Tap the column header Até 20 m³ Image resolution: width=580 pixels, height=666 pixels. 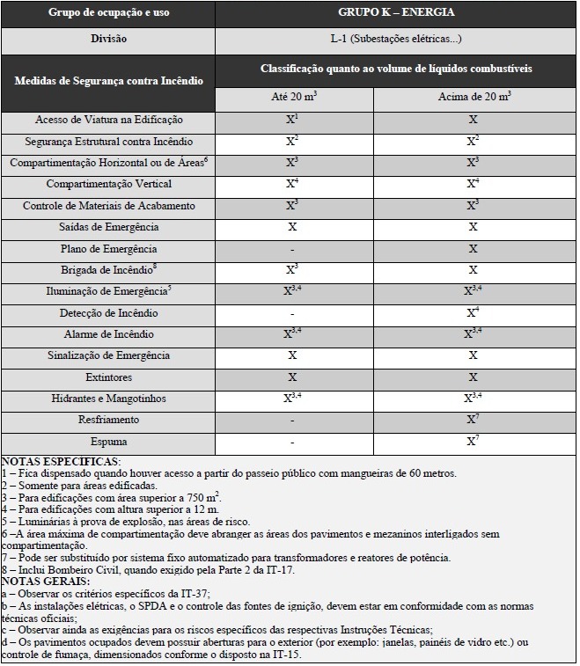point(293,98)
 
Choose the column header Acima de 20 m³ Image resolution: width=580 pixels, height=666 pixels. point(474,98)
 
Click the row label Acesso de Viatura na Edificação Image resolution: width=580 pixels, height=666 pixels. point(109,120)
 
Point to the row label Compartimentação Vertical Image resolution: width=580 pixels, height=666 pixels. point(109,184)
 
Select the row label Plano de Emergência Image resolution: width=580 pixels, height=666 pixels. point(109,248)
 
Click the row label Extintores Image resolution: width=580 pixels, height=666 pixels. point(109,377)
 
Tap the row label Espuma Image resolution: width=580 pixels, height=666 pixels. point(109,441)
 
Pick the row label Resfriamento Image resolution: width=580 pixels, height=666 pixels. point(109,420)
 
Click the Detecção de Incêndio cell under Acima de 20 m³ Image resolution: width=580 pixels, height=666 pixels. point(474,312)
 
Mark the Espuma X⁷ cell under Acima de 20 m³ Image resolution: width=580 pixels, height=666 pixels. point(474,441)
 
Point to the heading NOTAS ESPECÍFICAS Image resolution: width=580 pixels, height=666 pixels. point(62,461)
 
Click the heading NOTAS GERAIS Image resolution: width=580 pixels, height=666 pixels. point(47,582)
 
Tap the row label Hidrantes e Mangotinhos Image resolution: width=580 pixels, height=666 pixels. point(109,399)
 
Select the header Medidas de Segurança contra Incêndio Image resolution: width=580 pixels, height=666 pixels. point(109,80)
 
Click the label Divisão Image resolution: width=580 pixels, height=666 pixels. point(109,40)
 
